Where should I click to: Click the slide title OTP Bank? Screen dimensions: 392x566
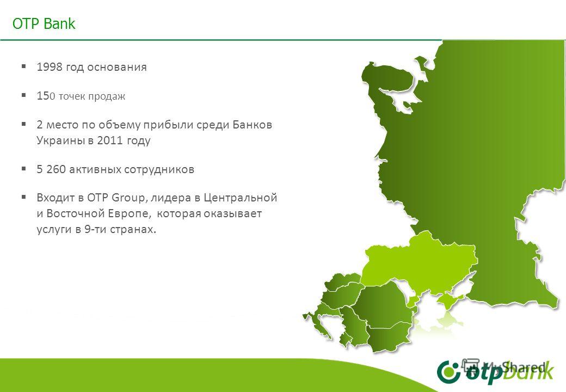coord(44,24)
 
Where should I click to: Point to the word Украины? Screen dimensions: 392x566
coord(57,140)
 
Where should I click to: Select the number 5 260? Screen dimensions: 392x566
coord(51,169)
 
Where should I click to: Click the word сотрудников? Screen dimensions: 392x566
coord(164,169)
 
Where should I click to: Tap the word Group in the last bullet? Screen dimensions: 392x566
coord(127,197)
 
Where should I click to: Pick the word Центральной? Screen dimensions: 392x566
coord(245,197)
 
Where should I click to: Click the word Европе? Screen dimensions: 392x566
coord(129,213)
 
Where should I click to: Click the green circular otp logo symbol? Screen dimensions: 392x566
coord(448,372)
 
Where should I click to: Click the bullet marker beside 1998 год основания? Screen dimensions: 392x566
coord(24,67)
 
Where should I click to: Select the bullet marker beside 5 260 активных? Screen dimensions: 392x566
coord(24,169)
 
